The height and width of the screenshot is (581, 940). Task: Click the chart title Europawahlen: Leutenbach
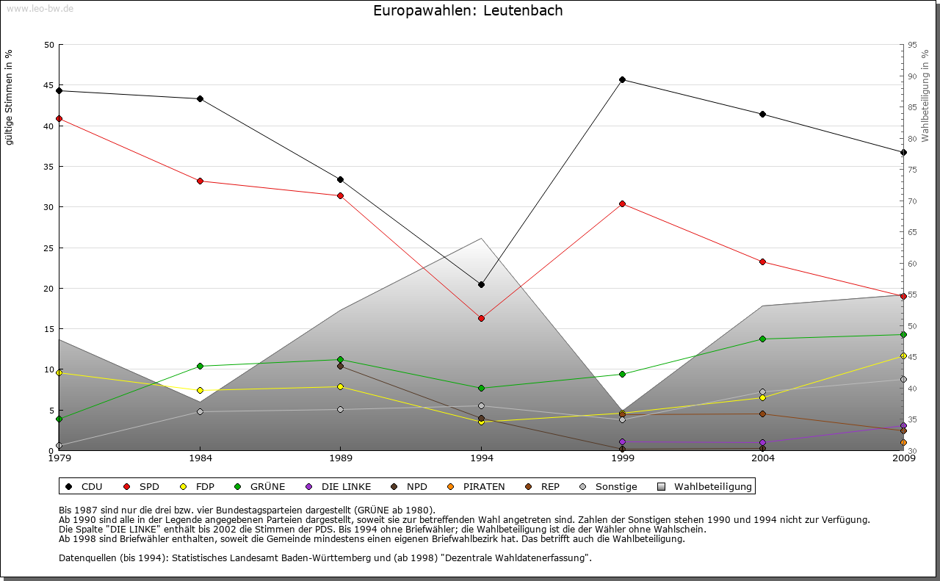[468, 11]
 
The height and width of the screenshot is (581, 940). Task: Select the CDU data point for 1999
[622, 79]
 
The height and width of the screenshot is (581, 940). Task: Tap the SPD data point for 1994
[481, 318]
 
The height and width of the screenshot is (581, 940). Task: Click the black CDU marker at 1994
[481, 284]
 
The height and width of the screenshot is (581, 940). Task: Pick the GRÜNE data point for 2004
[763, 339]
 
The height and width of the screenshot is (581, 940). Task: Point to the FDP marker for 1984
[200, 390]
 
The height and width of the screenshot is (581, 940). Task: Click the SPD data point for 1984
[200, 181]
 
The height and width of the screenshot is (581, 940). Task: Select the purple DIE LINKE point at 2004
[763, 442]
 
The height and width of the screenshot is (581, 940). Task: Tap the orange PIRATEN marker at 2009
[903, 442]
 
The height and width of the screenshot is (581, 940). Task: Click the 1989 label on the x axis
[341, 459]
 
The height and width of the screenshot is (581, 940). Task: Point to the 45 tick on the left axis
[49, 85]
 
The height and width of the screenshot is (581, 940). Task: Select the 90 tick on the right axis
[911, 76]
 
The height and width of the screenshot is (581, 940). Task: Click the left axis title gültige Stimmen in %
[10, 97]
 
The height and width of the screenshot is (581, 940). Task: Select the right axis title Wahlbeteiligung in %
[925, 95]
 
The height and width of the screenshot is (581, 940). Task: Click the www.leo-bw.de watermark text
[38, 8]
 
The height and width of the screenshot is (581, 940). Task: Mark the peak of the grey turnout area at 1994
[481, 238]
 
